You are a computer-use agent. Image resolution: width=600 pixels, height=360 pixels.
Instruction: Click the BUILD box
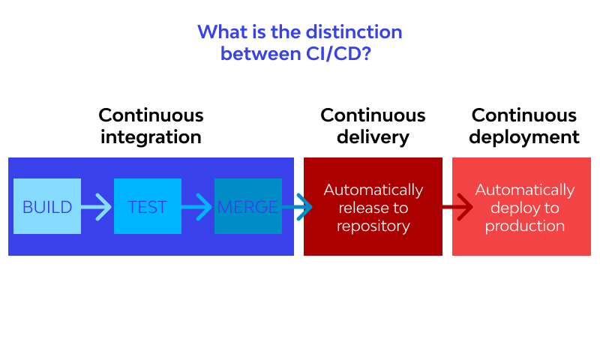point(47,206)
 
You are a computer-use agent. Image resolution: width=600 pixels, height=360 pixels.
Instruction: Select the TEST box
point(148,206)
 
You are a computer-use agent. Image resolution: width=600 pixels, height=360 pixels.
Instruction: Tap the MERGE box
point(247,206)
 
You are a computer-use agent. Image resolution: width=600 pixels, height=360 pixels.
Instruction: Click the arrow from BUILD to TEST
point(97,206)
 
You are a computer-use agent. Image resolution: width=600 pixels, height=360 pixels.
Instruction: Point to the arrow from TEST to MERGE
point(197,206)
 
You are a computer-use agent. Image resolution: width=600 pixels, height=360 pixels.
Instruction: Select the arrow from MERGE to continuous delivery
point(298,206)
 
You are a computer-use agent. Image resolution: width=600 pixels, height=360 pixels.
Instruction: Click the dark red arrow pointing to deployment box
point(457,206)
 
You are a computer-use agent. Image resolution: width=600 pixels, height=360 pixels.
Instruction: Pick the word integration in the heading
point(151,137)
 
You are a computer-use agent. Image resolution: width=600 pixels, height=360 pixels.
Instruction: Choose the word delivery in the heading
point(373,137)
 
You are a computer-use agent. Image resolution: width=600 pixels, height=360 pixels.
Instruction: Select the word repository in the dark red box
point(373,226)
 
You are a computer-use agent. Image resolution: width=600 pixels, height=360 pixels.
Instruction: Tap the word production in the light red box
point(524,226)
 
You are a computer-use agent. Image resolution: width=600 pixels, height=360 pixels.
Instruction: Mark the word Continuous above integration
point(151,115)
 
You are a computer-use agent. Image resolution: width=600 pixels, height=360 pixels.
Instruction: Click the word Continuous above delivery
point(373,115)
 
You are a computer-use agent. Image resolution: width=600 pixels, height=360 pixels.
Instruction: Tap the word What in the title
point(219,32)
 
